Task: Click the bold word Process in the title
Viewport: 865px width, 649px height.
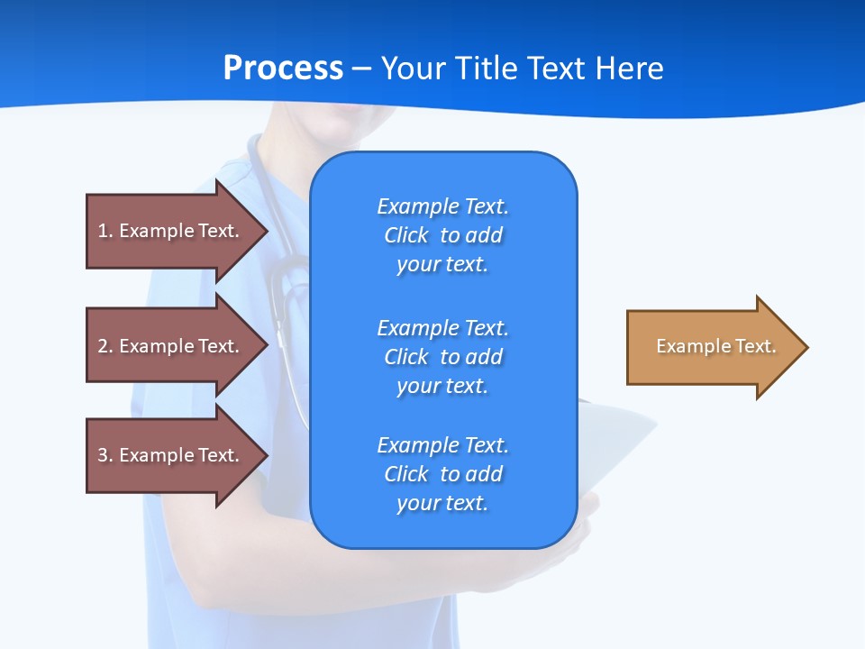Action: click(283, 69)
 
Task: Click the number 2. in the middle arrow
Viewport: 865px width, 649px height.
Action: click(105, 346)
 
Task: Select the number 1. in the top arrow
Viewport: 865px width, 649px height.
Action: click(105, 231)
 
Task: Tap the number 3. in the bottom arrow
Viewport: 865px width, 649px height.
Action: click(105, 455)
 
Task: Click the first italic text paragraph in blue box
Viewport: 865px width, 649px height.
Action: click(442, 235)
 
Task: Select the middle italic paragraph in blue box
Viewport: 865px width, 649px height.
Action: click(442, 357)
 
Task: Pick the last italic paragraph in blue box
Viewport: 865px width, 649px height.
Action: click(442, 474)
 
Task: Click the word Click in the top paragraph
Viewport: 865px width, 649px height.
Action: click(406, 235)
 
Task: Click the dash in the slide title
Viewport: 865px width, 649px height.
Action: click(362, 69)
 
